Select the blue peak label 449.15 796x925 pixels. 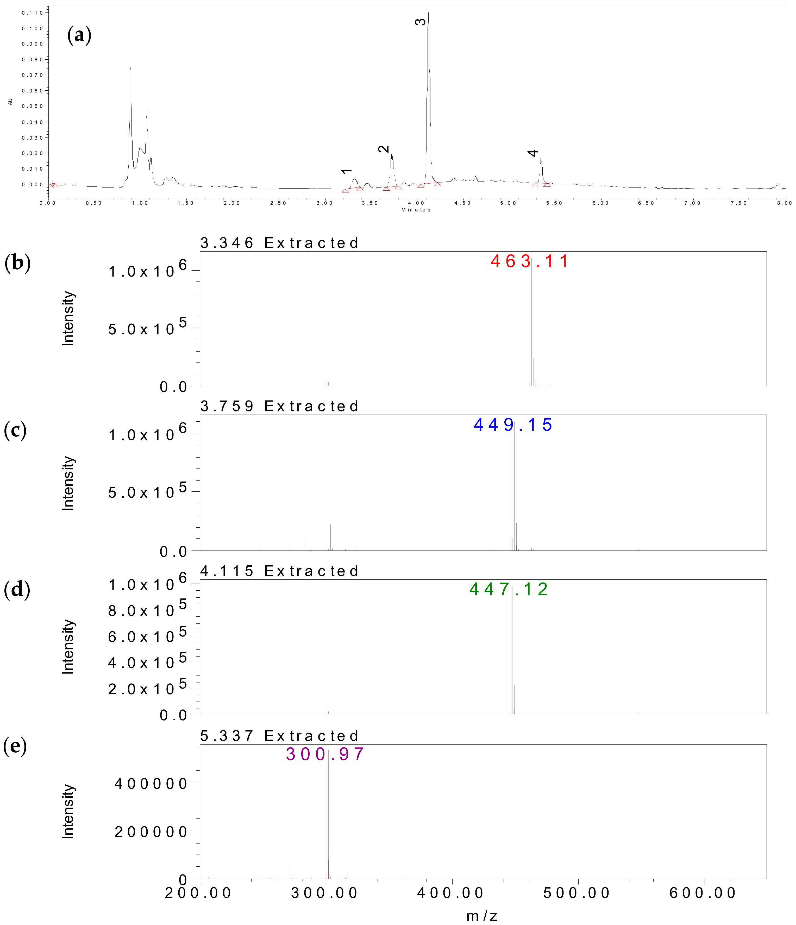(x=513, y=424)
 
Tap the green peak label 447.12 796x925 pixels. (x=509, y=589)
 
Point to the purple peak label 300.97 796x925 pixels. (x=325, y=754)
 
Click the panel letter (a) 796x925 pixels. (x=79, y=35)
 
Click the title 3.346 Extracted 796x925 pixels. (x=279, y=243)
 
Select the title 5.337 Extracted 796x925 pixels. (x=279, y=736)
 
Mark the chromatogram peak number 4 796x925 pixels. (x=532, y=153)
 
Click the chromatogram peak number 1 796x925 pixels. (x=346, y=171)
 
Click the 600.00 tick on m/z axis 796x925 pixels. (x=703, y=893)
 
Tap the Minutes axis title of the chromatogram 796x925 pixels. (x=416, y=210)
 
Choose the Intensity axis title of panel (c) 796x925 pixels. (x=68, y=483)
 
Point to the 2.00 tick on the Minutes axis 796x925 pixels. (x=232, y=203)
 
